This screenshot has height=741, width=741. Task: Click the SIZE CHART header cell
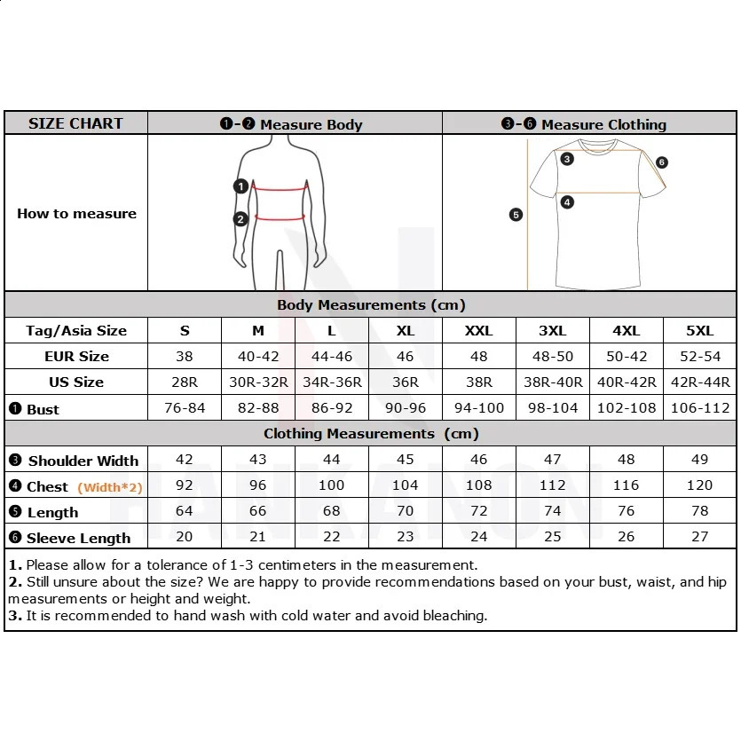click(x=75, y=123)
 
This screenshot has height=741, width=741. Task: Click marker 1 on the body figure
click(x=240, y=186)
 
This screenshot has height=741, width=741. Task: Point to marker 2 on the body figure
click(x=240, y=219)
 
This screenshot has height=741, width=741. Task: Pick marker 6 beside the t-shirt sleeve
click(x=662, y=162)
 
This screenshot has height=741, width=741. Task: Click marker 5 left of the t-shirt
click(x=516, y=215)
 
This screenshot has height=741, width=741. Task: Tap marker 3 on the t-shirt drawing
click(x=567, y=160)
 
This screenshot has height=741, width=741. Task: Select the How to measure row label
click(x=76, y=214)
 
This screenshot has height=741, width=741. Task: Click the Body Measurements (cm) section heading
click(x=371, y=304)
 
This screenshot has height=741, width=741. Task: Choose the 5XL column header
click(x=699, y=331)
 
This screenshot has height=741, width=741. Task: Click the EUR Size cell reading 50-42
click(x=627, y=357)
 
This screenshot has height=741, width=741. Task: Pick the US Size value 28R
click(x=185, y=382)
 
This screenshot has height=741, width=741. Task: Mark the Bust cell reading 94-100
click(x=479, y=408)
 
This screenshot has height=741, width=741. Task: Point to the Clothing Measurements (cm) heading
click(x=371, y=434)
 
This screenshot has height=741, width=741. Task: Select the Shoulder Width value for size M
click(x=257, y=460)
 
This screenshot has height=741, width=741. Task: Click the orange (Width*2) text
click(x=110, y=487)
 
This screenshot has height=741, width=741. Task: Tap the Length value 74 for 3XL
click(x=552, y=512)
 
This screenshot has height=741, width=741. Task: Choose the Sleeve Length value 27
click(x=699, y=538)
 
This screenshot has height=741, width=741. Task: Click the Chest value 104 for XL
click(x=405, y=486)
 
